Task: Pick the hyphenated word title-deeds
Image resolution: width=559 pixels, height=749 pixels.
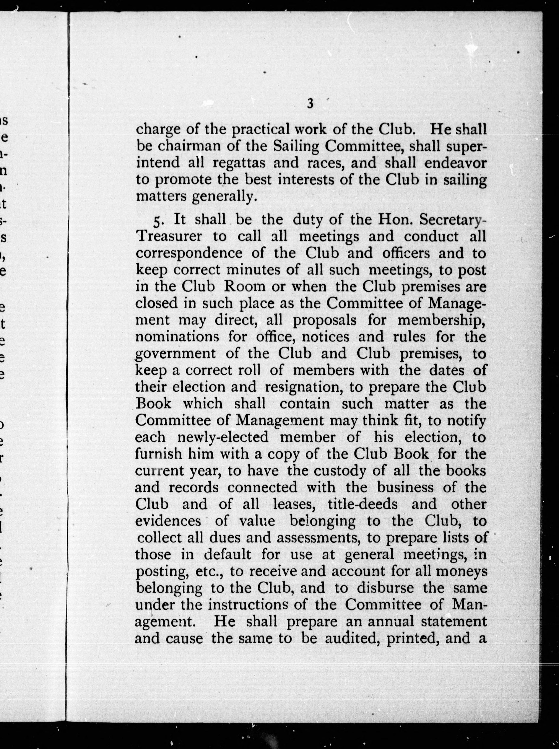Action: coord(362,504)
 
